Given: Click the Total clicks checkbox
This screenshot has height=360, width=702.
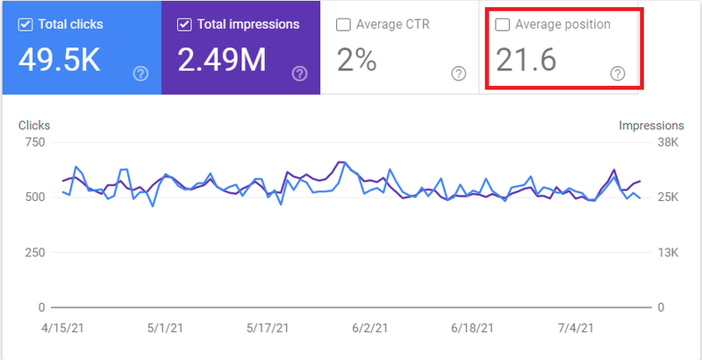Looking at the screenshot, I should click(24, 25).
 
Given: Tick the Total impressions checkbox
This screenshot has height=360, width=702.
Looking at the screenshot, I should click(184, 25).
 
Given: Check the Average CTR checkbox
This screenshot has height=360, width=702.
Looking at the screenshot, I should click(343, 25).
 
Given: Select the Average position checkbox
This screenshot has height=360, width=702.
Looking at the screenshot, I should click(503, 25).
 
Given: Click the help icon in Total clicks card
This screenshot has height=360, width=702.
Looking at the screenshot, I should click(140, 74).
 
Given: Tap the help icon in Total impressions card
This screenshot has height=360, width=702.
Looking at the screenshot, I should click(300, 74).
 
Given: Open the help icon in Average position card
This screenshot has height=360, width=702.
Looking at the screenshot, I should click(618, 74).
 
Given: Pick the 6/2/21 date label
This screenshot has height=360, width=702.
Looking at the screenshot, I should click(369, 328).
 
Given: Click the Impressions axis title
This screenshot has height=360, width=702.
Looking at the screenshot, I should click(651, 126).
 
